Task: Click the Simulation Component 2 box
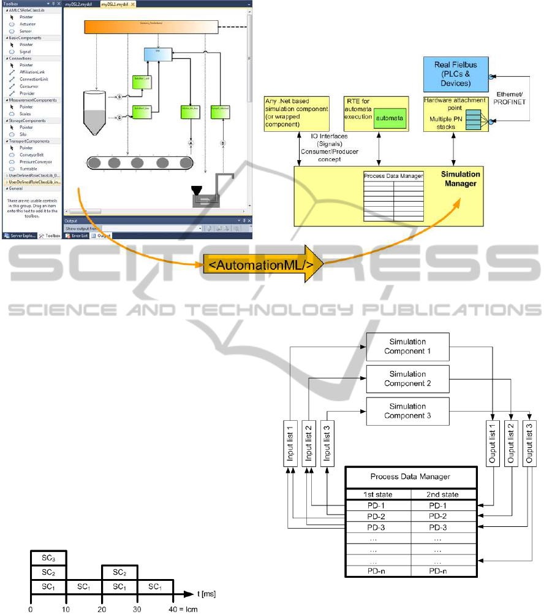pos(407,378)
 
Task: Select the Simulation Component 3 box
pos(407,410)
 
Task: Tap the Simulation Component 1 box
pos(407,347)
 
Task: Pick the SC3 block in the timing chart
pos(48,558)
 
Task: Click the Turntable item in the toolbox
pos(28,169)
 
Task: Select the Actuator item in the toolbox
pos(28,24)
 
